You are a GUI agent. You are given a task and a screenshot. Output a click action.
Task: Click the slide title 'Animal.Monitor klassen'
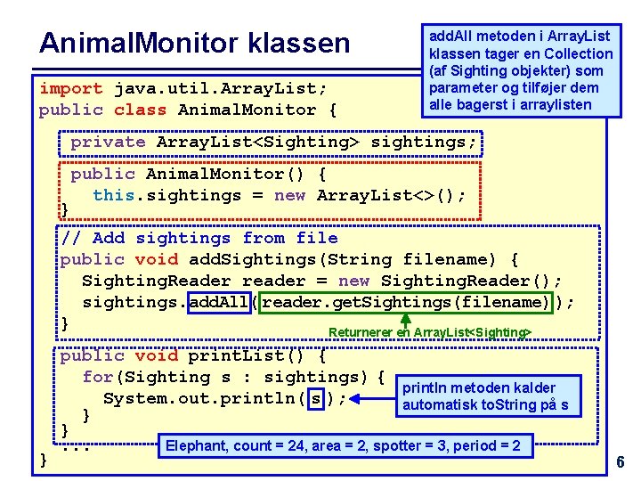(x=195, y=43)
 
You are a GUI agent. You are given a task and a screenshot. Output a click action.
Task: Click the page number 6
(x=621, y=462)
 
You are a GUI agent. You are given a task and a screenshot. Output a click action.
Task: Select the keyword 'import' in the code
(x=70, y=89)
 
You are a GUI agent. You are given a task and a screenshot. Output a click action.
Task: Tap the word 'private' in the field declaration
(x=107, y=142)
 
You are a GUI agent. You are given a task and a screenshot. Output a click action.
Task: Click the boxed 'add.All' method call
(x=219, y=302)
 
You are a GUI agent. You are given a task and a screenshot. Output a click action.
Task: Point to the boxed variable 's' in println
(x=316, y=398)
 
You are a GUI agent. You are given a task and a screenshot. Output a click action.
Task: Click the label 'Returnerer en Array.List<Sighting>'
(x=429, y=333)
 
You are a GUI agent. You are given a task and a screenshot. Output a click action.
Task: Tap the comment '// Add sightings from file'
(x=199, y=238)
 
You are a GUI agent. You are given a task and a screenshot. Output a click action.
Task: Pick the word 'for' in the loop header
(x=97, y=377)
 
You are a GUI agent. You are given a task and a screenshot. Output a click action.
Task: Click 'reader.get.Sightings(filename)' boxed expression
(x=407, y=302)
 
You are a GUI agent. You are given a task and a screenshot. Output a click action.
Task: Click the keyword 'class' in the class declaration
(x=140, y=110)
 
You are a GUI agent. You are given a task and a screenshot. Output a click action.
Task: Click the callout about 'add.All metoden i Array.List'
(x=520, y=70)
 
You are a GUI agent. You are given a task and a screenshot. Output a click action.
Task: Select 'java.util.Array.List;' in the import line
(x=220, y=89)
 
